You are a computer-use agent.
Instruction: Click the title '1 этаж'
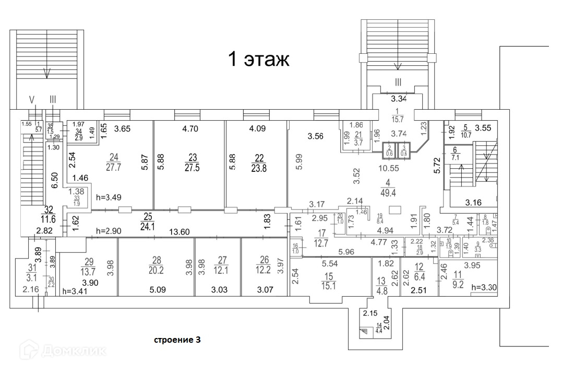click(x=258, y=60)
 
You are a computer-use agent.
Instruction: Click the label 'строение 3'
click(x=176, y=340)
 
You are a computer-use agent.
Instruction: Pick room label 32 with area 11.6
click(x=49, y=214)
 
